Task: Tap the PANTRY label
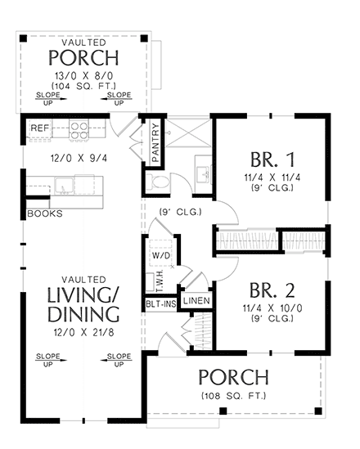click(x=155, y=144)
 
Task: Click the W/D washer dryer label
click(x=160, y=254)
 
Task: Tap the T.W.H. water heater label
click(x=160, y=281)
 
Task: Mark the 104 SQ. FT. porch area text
click(x=83, y=85)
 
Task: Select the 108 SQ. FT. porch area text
click(x=233, y=397)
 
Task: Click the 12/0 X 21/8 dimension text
click(x=83, y=334)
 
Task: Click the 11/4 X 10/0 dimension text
click(x=271, y=311)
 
